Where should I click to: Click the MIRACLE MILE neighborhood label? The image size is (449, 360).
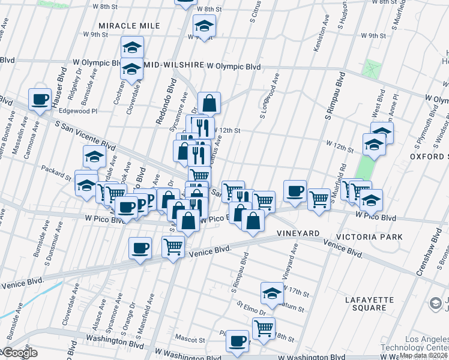[129, 26]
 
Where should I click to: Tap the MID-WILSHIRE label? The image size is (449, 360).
[173, 65]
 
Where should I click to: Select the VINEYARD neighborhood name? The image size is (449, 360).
[297, 232]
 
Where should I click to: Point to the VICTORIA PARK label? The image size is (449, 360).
[370, 236]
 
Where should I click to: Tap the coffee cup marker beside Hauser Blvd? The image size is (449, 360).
[40, 100]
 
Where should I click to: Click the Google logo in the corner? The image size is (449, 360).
[20, 353]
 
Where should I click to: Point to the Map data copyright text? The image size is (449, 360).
[423, 355]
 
